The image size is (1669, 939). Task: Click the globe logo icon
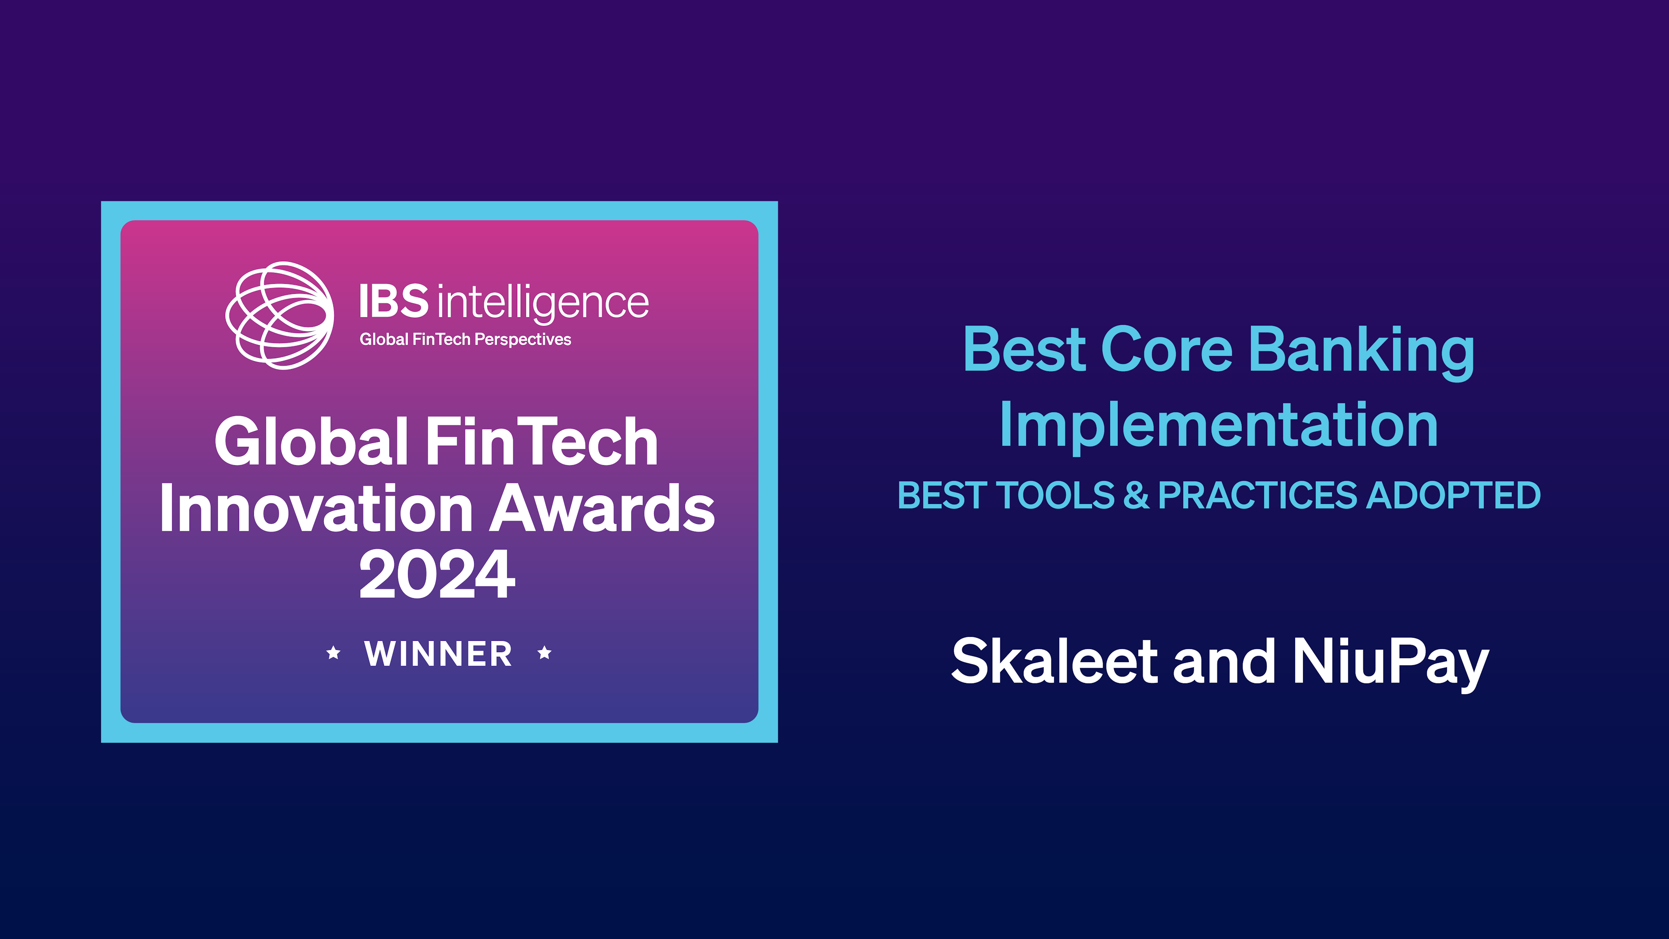point(280,316)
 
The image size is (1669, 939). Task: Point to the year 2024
point(437,574)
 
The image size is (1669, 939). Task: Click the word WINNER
point(439,653)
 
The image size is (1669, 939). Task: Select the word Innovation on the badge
point(316,509)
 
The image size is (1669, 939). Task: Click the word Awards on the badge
point(602,509)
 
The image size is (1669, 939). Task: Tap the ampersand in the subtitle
point(1136,496)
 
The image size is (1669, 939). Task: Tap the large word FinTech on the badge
point(542,442)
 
